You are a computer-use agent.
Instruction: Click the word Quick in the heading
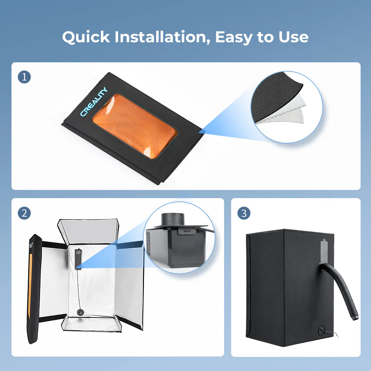(x=86, y=37)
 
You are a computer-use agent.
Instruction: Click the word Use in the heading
(x=293, y=37)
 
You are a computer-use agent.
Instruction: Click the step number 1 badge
(x=24, y=77)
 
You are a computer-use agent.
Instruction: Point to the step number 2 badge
(x=24, y=213)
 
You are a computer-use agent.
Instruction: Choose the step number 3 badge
(x=244, y=213)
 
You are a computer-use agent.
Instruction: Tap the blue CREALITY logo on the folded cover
(x=94, y=102)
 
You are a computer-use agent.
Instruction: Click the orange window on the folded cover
(x=135, y=126)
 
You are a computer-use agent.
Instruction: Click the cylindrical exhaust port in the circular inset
(x=173, y=219)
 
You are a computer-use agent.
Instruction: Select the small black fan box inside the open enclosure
(x=78, y=259)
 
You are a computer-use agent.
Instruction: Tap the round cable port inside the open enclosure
(x=81, y=312)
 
